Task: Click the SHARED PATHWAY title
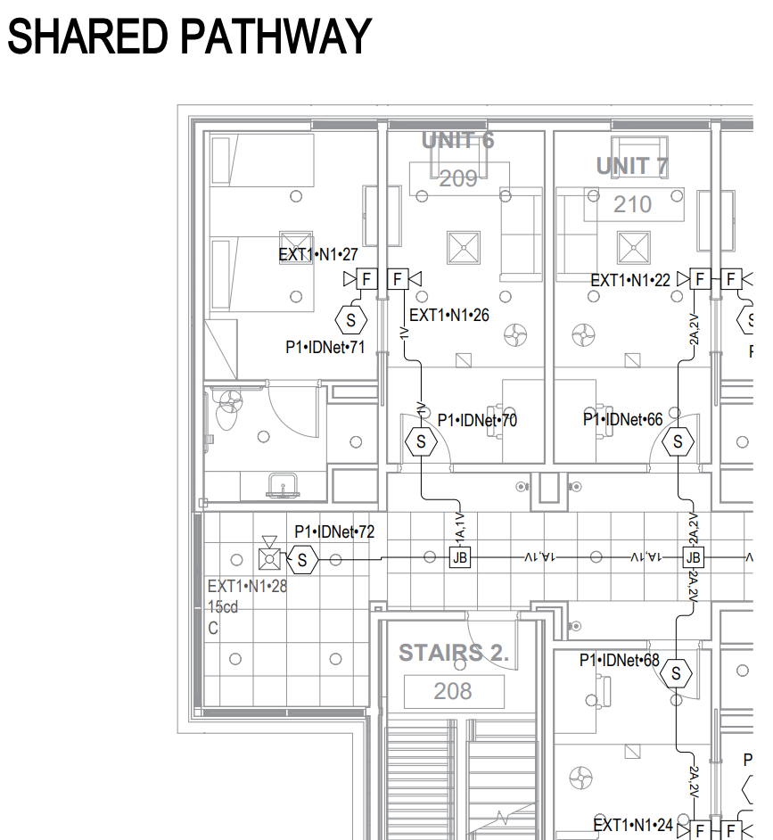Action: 189,37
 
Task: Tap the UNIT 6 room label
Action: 457,141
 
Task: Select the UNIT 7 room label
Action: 632,166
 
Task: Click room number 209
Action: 458,178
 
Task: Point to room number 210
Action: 632,205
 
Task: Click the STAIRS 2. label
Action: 453,653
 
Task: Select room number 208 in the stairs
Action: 453,691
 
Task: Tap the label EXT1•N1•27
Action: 318,255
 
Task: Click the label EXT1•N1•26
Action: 448,316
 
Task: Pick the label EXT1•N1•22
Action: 630,281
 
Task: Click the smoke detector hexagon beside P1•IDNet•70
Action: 421,441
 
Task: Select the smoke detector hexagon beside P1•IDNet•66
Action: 678,441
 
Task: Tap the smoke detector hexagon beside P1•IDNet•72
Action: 302,560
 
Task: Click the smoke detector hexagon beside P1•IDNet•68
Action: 677,674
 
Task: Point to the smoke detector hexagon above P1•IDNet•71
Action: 350,318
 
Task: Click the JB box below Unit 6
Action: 460,558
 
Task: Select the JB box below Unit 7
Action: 693,558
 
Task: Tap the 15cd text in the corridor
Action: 223,607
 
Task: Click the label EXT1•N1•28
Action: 247,587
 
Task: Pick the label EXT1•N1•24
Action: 633,824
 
